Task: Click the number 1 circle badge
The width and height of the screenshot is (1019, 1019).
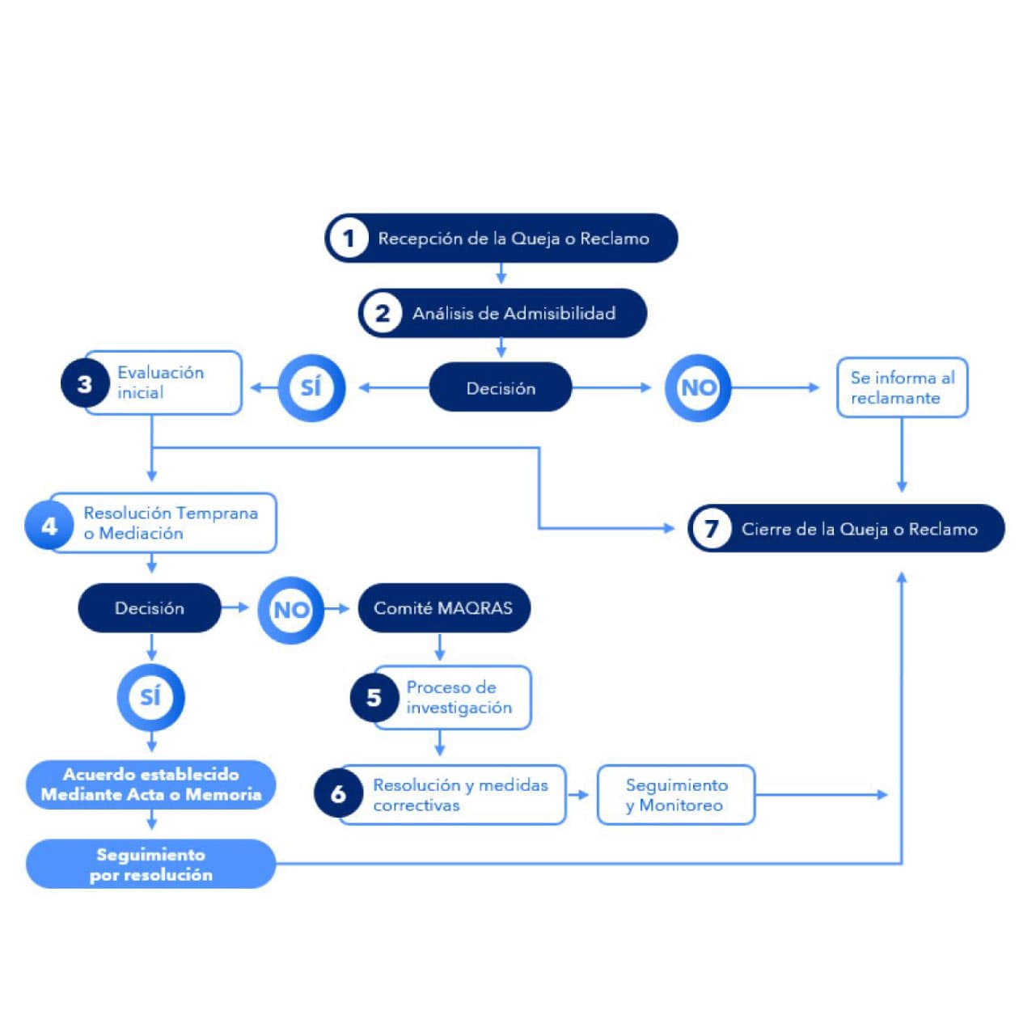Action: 349,239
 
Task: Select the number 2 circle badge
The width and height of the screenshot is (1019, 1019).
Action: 383,313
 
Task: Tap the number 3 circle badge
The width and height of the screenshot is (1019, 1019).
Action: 85,384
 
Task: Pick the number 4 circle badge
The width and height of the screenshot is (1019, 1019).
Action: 49,526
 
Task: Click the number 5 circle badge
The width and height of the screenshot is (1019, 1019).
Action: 374,697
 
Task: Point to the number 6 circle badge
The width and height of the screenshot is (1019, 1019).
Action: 338,794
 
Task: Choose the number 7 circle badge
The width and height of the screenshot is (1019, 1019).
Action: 712,529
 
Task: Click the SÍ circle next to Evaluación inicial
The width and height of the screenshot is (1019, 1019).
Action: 311,387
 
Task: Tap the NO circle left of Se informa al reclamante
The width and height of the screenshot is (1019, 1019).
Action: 698,387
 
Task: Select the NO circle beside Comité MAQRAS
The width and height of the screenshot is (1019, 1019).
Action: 290,609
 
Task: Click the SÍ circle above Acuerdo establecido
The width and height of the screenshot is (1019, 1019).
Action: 150,696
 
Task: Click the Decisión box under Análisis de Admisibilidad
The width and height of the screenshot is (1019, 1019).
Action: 501,388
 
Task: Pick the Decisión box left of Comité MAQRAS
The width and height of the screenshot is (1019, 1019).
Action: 150,608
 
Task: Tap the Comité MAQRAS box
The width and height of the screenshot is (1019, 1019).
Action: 443,608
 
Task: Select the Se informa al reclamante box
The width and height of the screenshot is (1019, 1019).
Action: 902,387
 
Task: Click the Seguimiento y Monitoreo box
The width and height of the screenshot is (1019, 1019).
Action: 676,795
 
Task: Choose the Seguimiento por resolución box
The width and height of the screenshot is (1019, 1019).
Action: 151,864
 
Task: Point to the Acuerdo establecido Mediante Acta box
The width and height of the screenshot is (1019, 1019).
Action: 151,784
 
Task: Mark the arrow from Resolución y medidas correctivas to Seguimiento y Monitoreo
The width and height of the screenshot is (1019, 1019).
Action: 579,795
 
